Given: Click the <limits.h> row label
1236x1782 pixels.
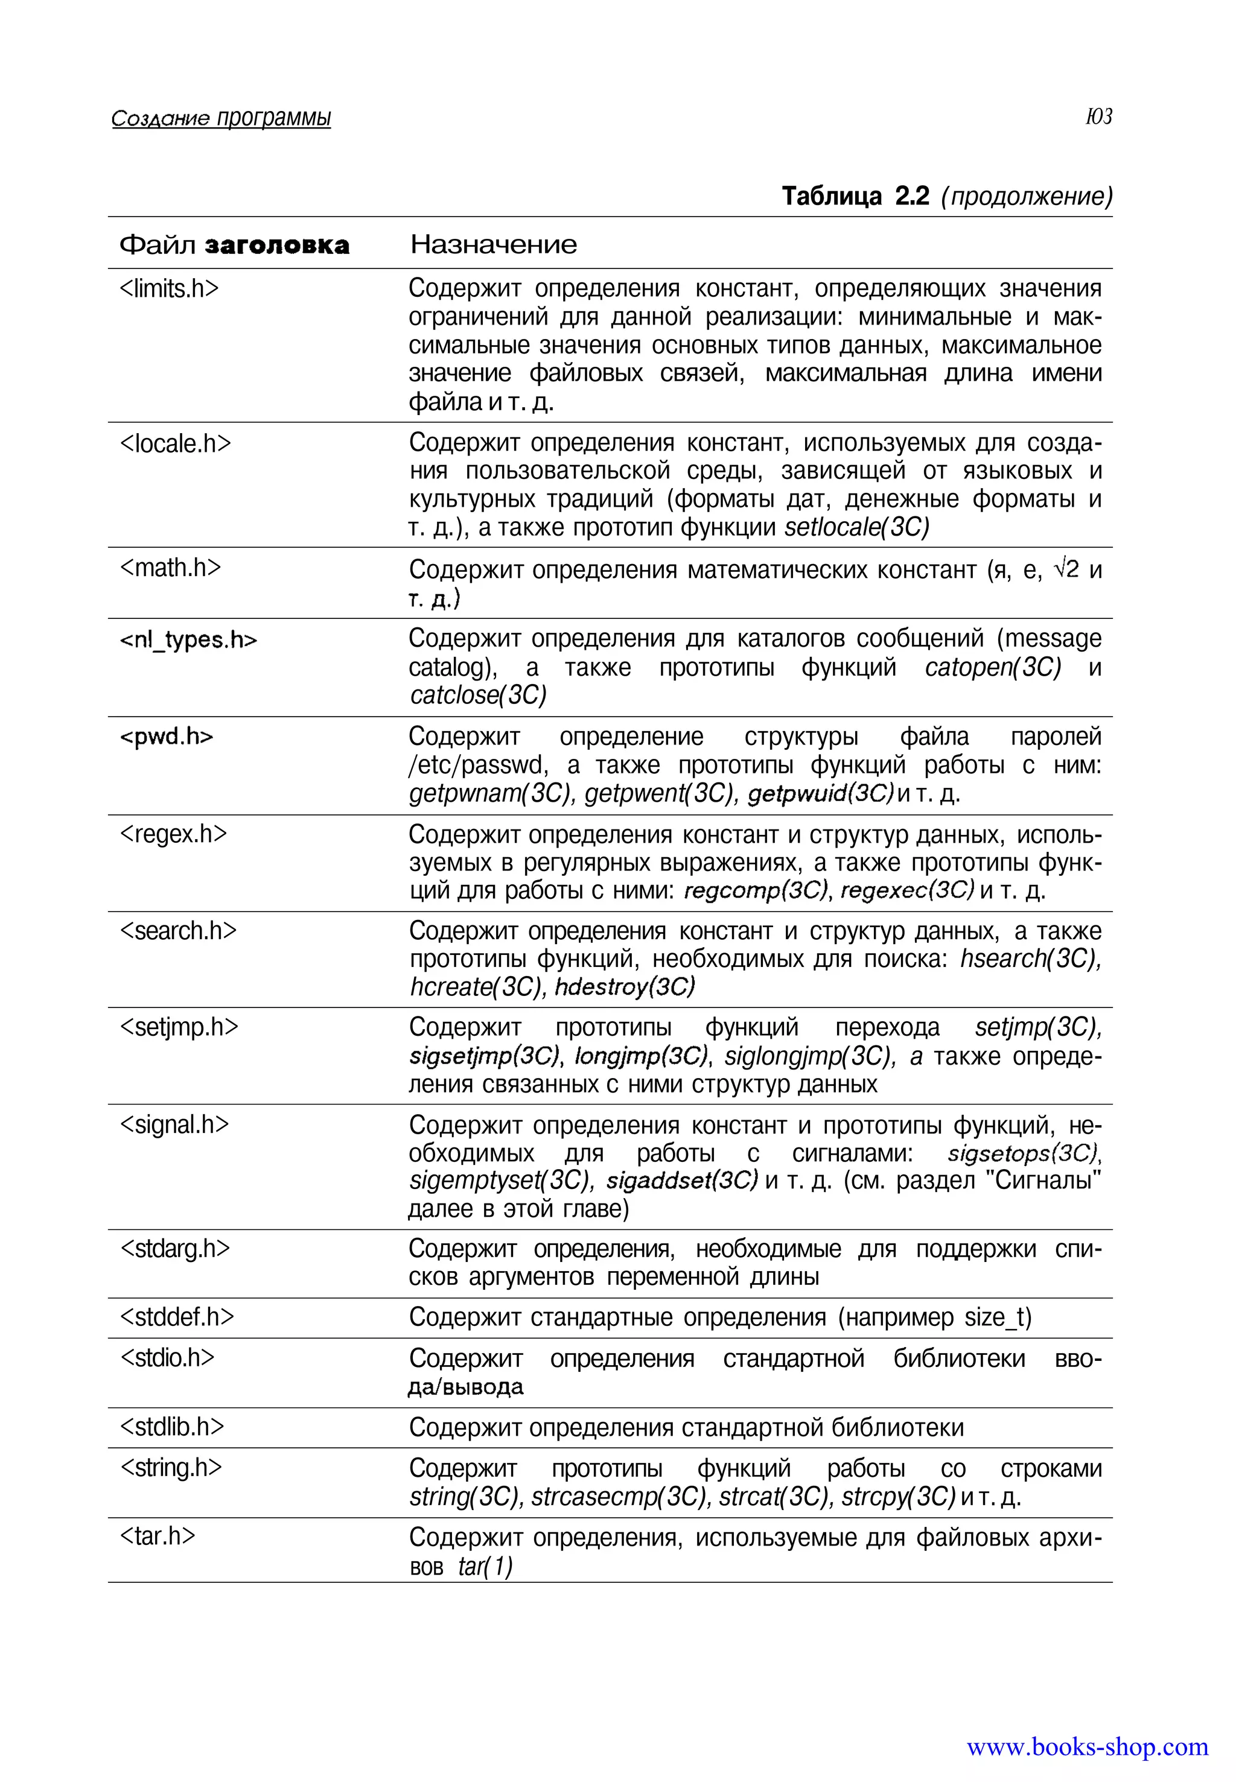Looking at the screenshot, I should tap(170, 289).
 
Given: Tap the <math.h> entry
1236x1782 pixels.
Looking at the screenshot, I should tap(170, 568).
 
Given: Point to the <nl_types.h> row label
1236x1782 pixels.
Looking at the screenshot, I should tap(188, 640).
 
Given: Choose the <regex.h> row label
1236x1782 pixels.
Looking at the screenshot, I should tap(173, 834).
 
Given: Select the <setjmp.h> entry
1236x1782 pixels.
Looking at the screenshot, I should tap(179, 1027).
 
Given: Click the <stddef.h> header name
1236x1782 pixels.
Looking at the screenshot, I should tap(177, 1317).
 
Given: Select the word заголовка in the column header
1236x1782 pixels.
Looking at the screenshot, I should tap(276, 246).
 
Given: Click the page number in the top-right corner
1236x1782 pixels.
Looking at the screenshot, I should tap(1098, 117).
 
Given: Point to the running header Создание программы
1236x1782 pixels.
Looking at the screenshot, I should tap(221, 118).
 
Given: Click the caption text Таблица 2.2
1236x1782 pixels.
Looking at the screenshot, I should tap(855, 197).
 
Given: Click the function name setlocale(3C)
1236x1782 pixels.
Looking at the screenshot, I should tap(856, 527).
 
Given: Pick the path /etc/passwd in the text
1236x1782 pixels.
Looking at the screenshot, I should tap(478, 766).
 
